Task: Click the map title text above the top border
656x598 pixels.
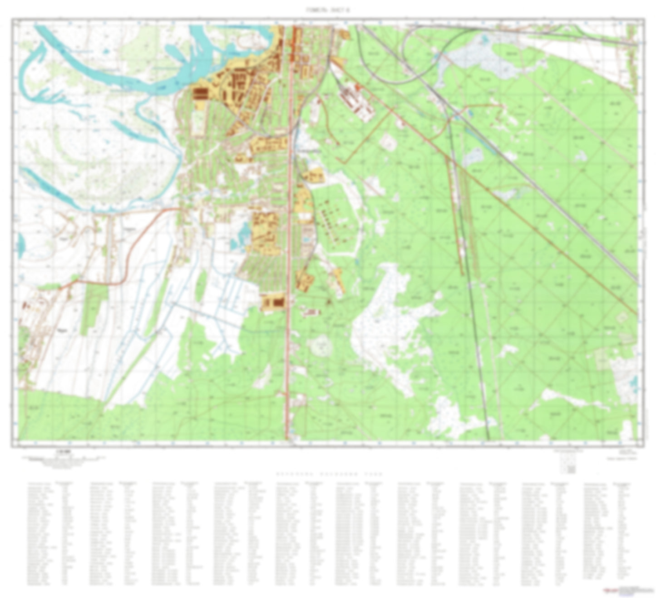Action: pos(328,10)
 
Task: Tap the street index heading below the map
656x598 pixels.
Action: pos(330,474)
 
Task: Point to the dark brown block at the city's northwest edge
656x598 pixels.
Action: pos(200,93)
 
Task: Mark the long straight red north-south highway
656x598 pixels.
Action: pos(288,272)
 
